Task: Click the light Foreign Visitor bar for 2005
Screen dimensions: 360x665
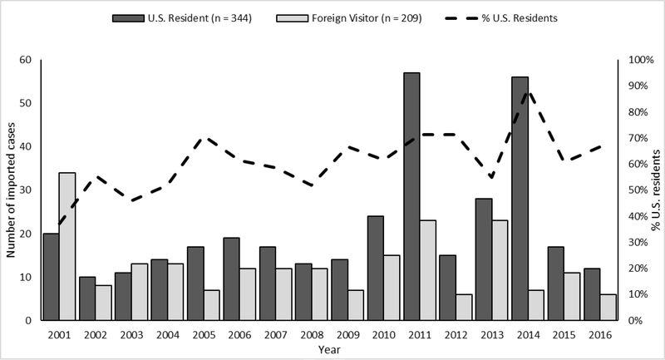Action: [x=212, y=304]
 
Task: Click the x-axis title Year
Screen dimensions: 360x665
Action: [x=330, y=350]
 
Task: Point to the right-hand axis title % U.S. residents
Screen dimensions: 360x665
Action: [x=656, y=190]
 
